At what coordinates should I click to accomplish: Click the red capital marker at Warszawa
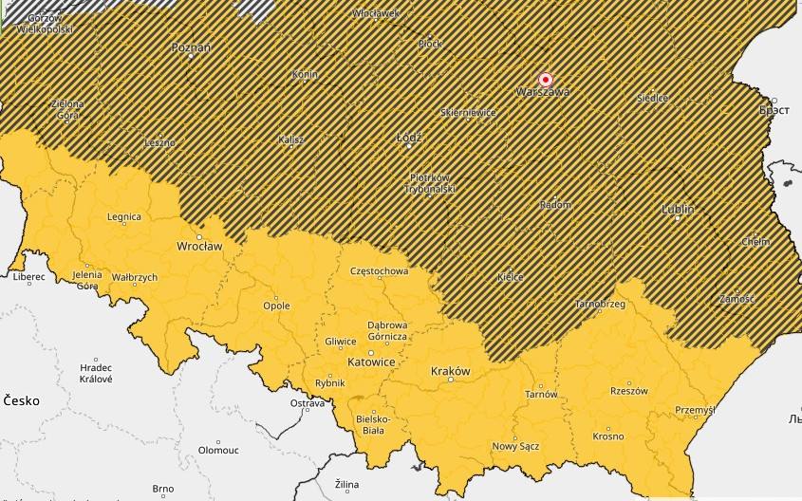[546, 80]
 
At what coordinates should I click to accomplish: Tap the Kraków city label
[450, 371]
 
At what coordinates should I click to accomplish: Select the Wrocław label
[199, 247]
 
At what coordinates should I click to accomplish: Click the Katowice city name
[371, 362]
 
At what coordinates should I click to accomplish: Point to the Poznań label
[191, 46]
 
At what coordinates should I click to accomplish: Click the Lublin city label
[678, 209]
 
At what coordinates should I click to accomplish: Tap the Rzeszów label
[628, 391]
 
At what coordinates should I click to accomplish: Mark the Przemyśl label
[693, 410]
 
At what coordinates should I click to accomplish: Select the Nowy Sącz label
[515, 446]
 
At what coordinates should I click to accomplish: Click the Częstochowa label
[379, 271]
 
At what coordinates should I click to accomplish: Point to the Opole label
[276, 306]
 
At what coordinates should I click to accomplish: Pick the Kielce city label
[511, 277]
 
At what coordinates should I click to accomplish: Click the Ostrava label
[308, 404]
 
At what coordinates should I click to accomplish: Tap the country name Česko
[20, 401]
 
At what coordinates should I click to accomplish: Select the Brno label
[163, 490]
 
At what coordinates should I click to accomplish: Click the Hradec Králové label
[96, 373]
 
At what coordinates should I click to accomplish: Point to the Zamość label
[737, 299]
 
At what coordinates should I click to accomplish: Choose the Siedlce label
[652, 98]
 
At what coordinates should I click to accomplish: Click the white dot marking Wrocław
[199, 236]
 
